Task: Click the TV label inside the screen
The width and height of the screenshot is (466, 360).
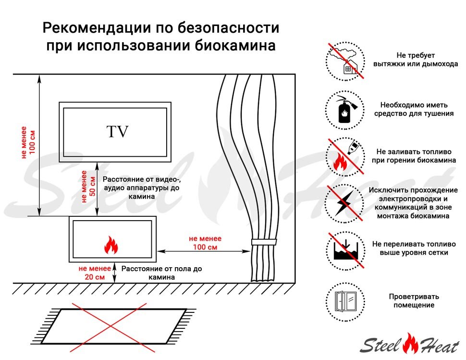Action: click(118, 132)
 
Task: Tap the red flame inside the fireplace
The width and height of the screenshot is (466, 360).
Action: click(111, 246)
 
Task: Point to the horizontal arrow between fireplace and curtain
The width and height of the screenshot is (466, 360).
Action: click(205, 250)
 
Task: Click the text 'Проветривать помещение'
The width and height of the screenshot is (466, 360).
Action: click(414, 301)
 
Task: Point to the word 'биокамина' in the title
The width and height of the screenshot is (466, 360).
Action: click(237, 46)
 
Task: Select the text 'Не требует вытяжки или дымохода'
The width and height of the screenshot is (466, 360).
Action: click(415, 60)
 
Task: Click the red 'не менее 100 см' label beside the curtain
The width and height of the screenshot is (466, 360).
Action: click(205, 242)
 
